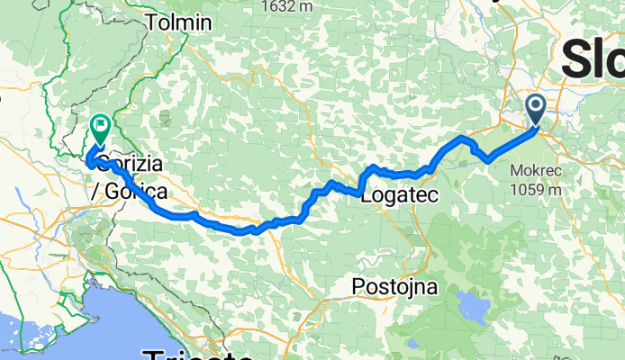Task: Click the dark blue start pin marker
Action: coord(535,111)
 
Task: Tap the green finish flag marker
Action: coord(99,130)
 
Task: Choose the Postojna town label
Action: coord(394,288)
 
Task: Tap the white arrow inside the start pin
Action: coord(535,109)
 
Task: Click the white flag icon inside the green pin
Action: coord(99,127)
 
